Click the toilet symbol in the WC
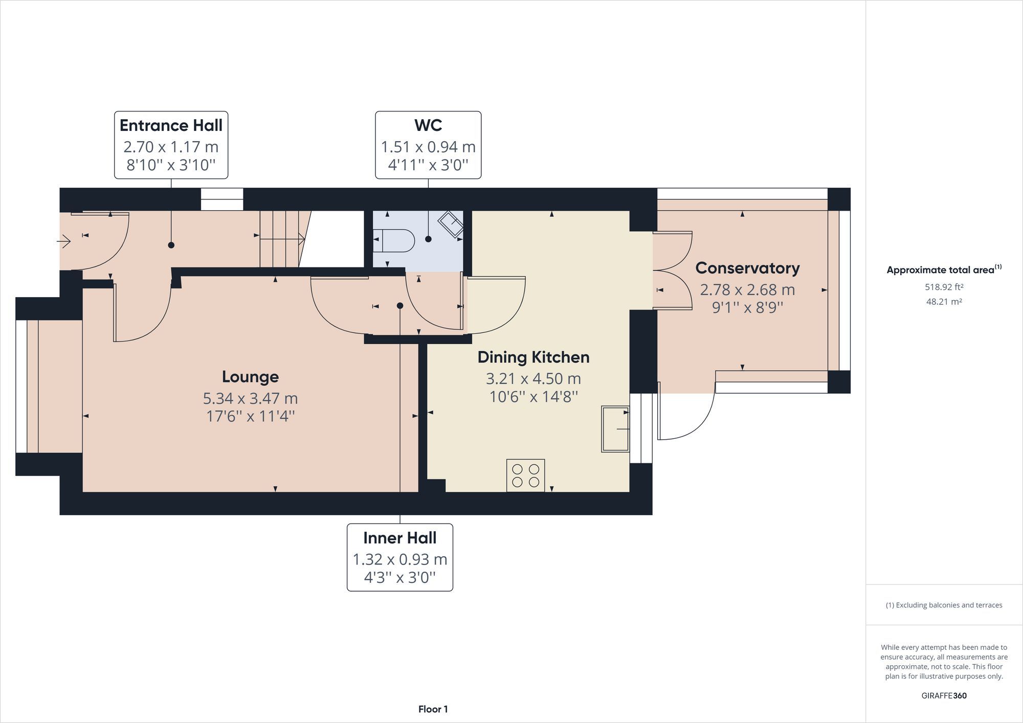[395, 240]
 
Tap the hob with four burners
[525, 476]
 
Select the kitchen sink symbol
[615, 429]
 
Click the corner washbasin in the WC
[451, 223]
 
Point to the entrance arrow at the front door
[64, 240]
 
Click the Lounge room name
[250, 377]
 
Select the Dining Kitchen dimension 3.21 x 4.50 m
[533, 379]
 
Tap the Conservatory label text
[747, 268]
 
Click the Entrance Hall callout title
[171, 125]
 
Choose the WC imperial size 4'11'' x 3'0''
[428, 165]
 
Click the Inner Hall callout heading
[399, 538]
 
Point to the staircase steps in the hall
[280, 239]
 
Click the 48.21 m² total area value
[944, 302]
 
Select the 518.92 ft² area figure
[944, 287]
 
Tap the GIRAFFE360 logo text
[944, 695]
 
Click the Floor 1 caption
[433, 709]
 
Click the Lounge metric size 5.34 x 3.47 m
[250, 398]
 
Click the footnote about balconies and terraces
[944, 605]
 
